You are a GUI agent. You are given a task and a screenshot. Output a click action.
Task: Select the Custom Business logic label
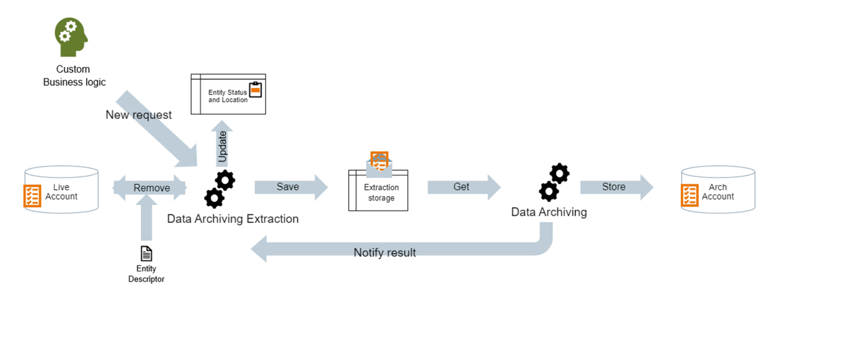point(74,76)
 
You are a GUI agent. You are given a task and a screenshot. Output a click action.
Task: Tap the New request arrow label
point(138,115)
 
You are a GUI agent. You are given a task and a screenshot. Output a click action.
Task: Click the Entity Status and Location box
point(228,94)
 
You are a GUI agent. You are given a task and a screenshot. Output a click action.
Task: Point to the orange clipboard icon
point(255,90)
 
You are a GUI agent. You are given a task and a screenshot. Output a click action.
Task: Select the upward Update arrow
point(222,144)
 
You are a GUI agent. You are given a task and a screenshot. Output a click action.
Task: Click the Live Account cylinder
point(61,190)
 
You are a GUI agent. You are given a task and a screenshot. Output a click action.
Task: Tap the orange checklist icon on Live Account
point(32,196)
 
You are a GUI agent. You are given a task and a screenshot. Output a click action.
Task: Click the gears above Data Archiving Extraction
point(220,189)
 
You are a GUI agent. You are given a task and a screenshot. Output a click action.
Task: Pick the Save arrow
point(290,187)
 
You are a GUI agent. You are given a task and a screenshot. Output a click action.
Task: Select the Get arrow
point(463,187)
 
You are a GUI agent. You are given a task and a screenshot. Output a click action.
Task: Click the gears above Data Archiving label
point(554,182)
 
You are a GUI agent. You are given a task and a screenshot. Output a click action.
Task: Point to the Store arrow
point(616,187)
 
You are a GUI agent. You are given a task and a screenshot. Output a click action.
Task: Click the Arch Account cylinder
point(718,190)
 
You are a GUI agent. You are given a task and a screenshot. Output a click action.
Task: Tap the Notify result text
point(384,253)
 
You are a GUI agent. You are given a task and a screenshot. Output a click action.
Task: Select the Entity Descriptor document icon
point(146,254)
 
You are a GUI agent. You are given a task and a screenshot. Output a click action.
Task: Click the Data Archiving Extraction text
point(233,219)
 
